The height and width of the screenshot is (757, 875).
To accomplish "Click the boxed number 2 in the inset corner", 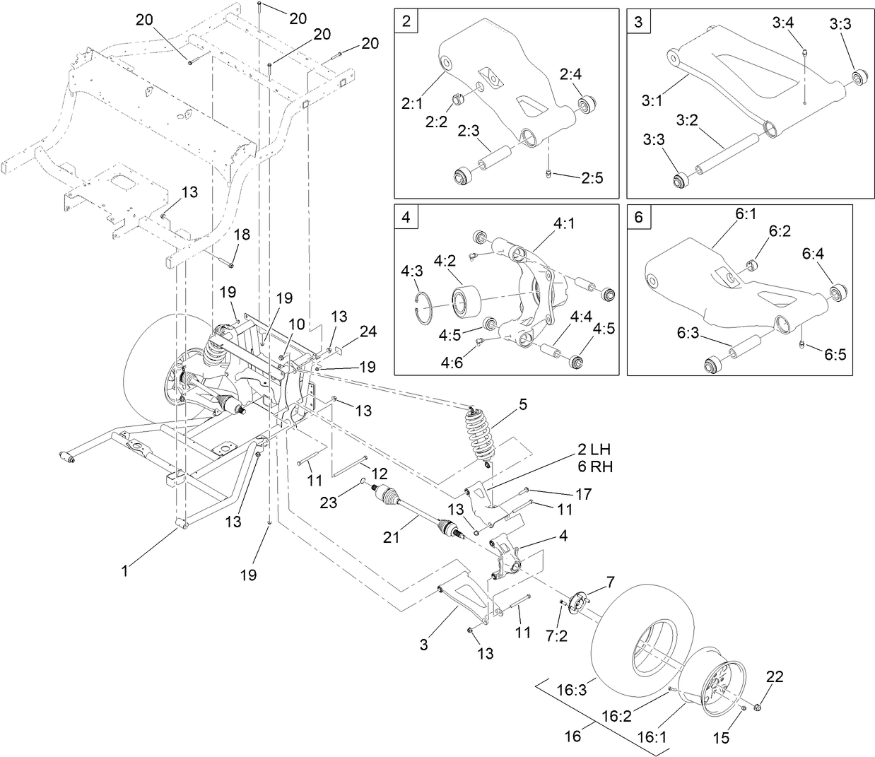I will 406,21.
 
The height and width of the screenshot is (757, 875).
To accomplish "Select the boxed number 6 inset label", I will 638,217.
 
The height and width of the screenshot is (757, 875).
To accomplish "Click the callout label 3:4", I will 782,23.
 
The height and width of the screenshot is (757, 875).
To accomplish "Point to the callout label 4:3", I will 412,271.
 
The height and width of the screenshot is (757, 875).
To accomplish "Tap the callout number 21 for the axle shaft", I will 392,538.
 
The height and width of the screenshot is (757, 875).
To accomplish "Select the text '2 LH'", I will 594,450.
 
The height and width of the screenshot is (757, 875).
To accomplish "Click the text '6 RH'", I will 594,466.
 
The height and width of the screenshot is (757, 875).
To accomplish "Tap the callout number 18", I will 242,234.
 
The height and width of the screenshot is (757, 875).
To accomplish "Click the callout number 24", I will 368,331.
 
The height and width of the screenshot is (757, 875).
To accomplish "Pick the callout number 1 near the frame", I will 125,570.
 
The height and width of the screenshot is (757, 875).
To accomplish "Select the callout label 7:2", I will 558,635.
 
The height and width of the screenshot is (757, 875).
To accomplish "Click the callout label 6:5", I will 834,354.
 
